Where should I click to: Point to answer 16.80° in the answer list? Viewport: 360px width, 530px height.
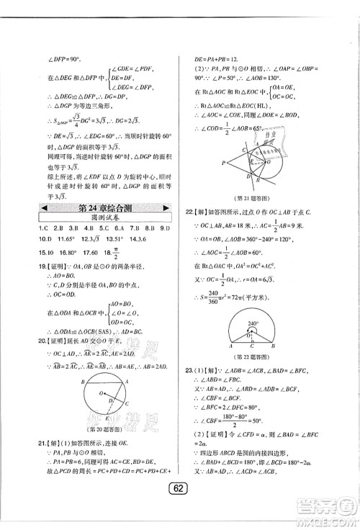pyautogui.click(x=71, y=254)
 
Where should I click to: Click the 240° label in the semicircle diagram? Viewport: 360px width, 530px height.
pyautogui.click(x=253, y=323)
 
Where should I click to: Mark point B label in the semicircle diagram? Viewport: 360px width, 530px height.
pyautogui.click(x=281, y=346)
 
